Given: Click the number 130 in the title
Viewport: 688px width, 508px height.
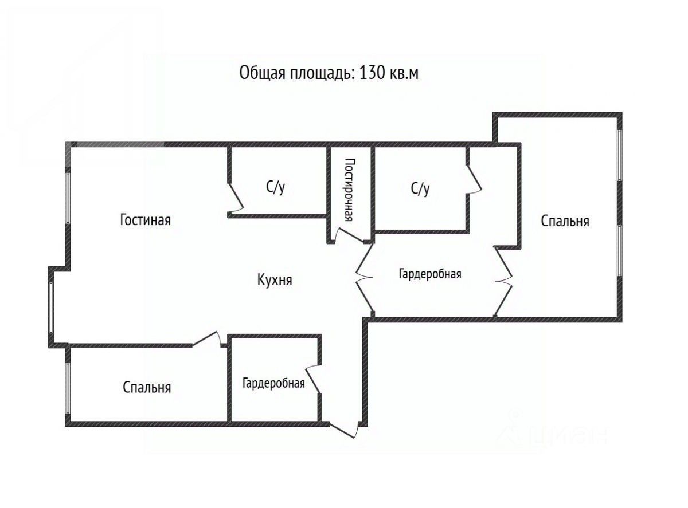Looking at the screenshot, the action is (x=373, y=74).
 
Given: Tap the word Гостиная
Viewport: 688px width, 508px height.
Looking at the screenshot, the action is (x=145, y=220).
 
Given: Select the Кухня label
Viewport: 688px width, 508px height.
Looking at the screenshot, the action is (x=275, y=281).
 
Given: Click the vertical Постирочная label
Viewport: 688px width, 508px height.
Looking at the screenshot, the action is (x=349, y=190).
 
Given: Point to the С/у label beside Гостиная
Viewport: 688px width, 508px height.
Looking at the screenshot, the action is (x=275, y=188).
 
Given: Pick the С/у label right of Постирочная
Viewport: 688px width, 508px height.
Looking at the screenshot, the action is (x=420, y=189).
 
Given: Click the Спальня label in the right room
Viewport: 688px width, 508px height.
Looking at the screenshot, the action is (x=565, y=221).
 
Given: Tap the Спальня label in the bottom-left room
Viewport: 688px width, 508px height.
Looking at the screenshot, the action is (x=147, y=388).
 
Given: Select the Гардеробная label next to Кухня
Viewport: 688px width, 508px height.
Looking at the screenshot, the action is (x=430, y=274).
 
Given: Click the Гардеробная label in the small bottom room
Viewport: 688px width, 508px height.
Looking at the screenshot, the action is (x=273, y=383).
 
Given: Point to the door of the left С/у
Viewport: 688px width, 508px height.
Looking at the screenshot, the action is (x=236, y=198).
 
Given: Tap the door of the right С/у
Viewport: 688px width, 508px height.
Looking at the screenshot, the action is (x=474, y=179).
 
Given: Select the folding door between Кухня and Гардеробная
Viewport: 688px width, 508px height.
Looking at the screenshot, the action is (x=364, y=278).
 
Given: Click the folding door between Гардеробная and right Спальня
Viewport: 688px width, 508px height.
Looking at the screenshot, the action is (x=504, y=281).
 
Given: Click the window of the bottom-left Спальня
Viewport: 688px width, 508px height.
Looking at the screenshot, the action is (x=68, y=384).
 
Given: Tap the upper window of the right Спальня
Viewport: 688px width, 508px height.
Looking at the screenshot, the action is (x=619, y=156).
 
